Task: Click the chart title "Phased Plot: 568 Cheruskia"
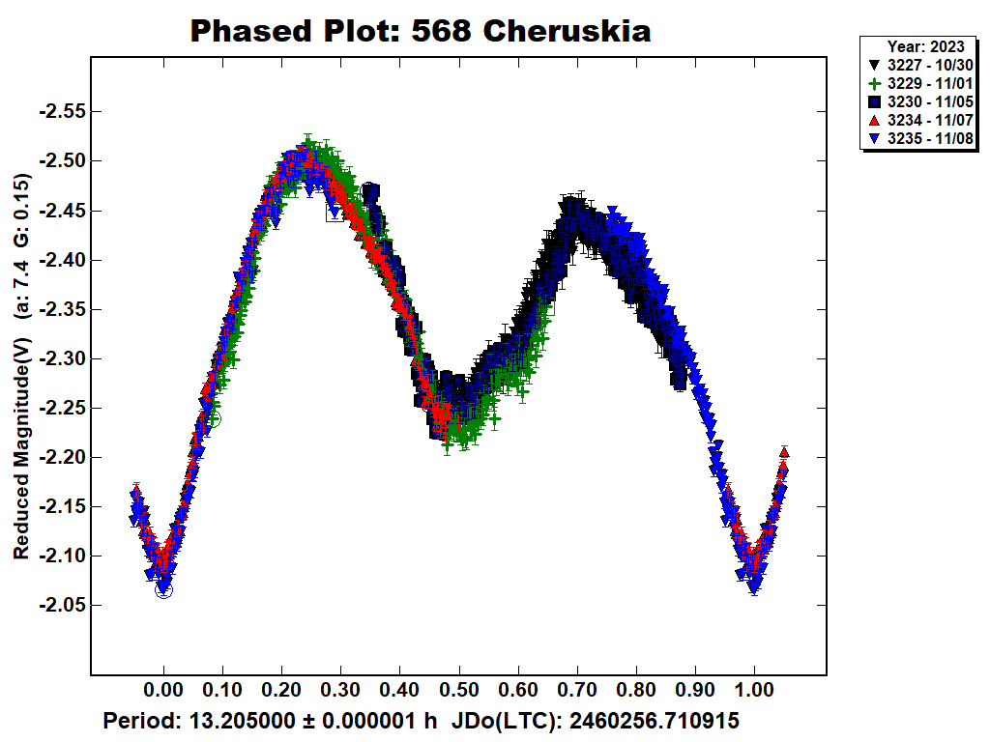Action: click(420, 31)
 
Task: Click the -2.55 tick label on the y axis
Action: click(60, 111)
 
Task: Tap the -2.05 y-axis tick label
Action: click(60, 605)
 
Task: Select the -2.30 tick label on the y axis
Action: click(60, 358)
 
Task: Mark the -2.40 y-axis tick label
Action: click(60, 260)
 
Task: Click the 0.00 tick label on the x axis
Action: click(163, 692)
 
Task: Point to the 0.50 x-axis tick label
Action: click(459, 692)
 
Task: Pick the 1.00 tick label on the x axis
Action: click(754, 692)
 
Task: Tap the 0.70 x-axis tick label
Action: click(577, 692)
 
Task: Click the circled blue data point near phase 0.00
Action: click(164, 589)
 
